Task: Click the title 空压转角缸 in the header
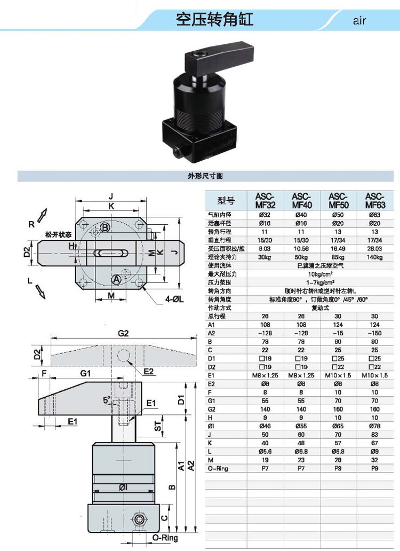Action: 214,20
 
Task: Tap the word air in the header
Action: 359,21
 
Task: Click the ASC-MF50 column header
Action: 338,200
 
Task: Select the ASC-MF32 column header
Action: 265,200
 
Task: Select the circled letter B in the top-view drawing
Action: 105,228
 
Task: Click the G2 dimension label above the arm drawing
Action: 124,334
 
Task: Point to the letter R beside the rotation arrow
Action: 32,225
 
